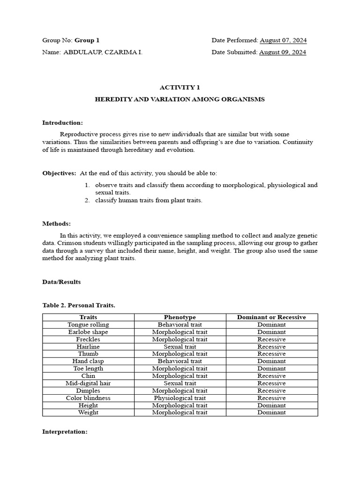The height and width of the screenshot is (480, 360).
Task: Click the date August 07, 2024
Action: click(x=283, y=40)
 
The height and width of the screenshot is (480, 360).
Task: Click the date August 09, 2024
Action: click(x=283, y=52)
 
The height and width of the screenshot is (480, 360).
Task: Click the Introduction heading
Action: click(x=62, y=123)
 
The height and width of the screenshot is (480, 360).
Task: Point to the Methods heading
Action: click(x=56, y=224)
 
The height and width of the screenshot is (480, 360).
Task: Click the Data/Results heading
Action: click(x=61, y=282)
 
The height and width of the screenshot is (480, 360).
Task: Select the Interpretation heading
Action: click(x=65, y=432)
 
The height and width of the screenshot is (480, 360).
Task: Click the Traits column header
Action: click(x=88, y=317)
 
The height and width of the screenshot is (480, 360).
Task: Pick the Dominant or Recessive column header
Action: click(x=271, y=317)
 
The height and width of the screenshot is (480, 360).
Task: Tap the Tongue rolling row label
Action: click(x=88, y=324)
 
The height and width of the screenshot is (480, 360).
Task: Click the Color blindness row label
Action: click(x=88, y=398)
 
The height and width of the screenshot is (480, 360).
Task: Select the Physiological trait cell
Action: click(x=180, y=398)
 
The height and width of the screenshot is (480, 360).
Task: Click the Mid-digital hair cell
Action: click(x=88, y=383)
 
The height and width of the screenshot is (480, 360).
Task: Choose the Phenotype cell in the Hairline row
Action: click(x=180, y=346)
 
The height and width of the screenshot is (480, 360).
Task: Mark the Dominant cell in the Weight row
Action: click(x=271, y=412)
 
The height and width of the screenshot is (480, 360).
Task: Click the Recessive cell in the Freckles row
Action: click(x=271, y=339)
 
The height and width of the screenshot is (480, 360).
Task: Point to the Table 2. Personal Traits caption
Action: click(x=78, y=305)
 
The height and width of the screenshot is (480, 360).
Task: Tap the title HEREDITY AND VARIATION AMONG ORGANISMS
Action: click(x=180, y=99)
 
